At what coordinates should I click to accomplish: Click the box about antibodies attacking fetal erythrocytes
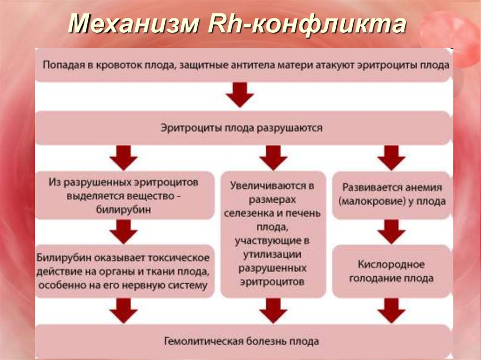point(244,65)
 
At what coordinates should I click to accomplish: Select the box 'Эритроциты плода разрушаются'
point(244,128)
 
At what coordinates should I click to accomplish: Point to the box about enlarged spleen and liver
point(273,233)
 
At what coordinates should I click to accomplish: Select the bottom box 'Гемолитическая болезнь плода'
point(244,341)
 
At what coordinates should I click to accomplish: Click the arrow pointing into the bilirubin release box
point(124,158)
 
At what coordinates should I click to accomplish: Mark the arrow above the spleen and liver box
point(273,158)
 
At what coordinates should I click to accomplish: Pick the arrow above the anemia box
point(391,158)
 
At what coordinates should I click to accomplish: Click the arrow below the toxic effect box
point(124,311)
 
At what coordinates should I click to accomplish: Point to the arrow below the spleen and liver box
point(273,311)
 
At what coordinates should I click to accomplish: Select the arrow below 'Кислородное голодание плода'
point(391,311)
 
